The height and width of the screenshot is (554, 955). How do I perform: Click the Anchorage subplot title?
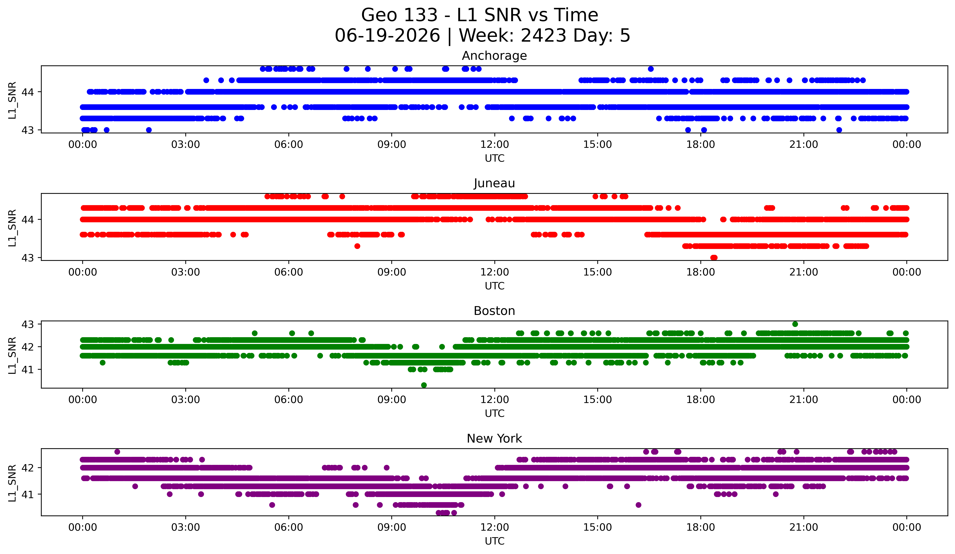pyautogui.click(x=494, y=56)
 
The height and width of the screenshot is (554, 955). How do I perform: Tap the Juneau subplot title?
pyautogui.click(x=494, y=183)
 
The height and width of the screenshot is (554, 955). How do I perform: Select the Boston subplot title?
pyautogui.click(x=494, y=311)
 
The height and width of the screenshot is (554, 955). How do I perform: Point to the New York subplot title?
pyautogui.click(x=494, y=439)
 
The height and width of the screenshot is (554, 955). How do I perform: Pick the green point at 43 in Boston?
pyautogui.click(x=795, y=324)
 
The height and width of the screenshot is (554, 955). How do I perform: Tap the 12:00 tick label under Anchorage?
pyautogui.click(x=495, y=145)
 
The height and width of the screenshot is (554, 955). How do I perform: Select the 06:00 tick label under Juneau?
pyautogui.click(x=289, y=272)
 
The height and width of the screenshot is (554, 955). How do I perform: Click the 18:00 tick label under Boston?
pyautogui.click(x=701, y=400)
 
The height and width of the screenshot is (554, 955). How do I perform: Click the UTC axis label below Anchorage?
pyautogui.click(x=495, y=158)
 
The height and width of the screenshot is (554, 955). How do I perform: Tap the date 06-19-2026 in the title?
pyautogui.click(x=387, y=36)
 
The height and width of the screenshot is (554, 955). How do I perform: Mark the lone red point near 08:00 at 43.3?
pyautogui.click(x=357, y=246)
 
